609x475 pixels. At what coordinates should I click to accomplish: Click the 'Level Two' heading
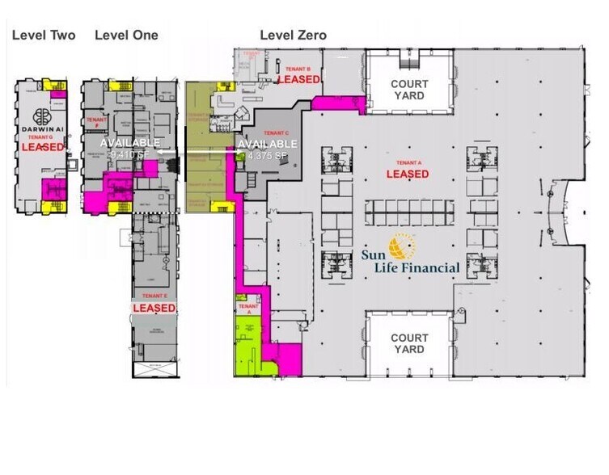[44, 35]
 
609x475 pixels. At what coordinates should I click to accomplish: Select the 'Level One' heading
[126, 35]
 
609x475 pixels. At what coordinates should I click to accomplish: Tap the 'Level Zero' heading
[293, 35]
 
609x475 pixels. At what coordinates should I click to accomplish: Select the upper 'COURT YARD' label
[409, 90]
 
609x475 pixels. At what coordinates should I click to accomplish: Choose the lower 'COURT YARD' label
[409, 344]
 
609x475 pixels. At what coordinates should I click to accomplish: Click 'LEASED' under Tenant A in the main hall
[407, 174]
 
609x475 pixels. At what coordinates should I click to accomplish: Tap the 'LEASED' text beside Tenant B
[298, 80]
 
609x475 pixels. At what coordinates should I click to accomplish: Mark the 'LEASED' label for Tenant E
[154, 309]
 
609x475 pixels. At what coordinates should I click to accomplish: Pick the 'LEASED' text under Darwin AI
[42, 148]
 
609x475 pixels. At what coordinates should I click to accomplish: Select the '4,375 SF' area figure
[268, 154]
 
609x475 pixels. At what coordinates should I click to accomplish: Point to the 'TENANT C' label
[276, 132]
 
